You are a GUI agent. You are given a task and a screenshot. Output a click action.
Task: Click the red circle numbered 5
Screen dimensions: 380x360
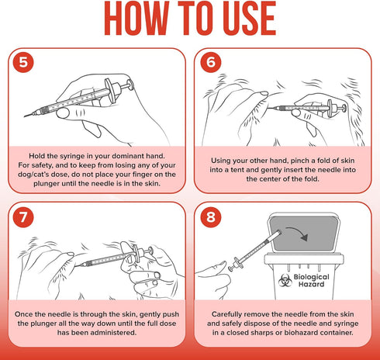point(23,62)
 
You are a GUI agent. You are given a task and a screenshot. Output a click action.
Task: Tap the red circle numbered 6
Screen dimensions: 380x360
point(211,62)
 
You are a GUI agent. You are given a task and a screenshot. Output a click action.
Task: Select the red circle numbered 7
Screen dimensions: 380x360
point(23,217)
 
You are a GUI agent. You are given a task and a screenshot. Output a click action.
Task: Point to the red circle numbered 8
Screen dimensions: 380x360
point(211,217)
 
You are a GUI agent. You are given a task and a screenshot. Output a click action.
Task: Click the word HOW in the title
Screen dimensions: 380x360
point(136,18)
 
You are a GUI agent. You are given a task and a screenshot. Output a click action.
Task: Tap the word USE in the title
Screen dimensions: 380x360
point(249,18)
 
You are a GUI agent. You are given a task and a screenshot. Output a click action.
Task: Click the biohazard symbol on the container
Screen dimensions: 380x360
point(285,280)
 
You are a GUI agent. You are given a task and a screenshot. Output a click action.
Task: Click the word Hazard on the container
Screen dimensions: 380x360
point(311,284)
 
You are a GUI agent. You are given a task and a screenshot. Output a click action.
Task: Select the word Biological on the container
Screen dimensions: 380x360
point(311,277)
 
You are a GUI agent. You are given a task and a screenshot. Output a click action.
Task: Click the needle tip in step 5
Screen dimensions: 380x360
point(25,116)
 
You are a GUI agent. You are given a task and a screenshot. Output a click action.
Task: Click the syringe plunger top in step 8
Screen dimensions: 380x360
point(230,268)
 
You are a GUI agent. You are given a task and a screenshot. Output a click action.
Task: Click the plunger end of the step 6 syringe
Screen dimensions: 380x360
point(344,108)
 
